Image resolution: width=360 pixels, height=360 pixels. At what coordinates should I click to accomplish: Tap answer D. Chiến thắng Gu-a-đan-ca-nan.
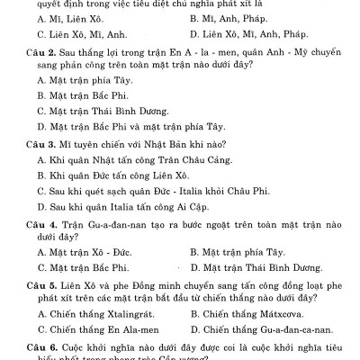click(x=261, y=329)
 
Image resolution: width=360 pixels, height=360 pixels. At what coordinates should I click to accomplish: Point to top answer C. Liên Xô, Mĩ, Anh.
click(x=76, y=34)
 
